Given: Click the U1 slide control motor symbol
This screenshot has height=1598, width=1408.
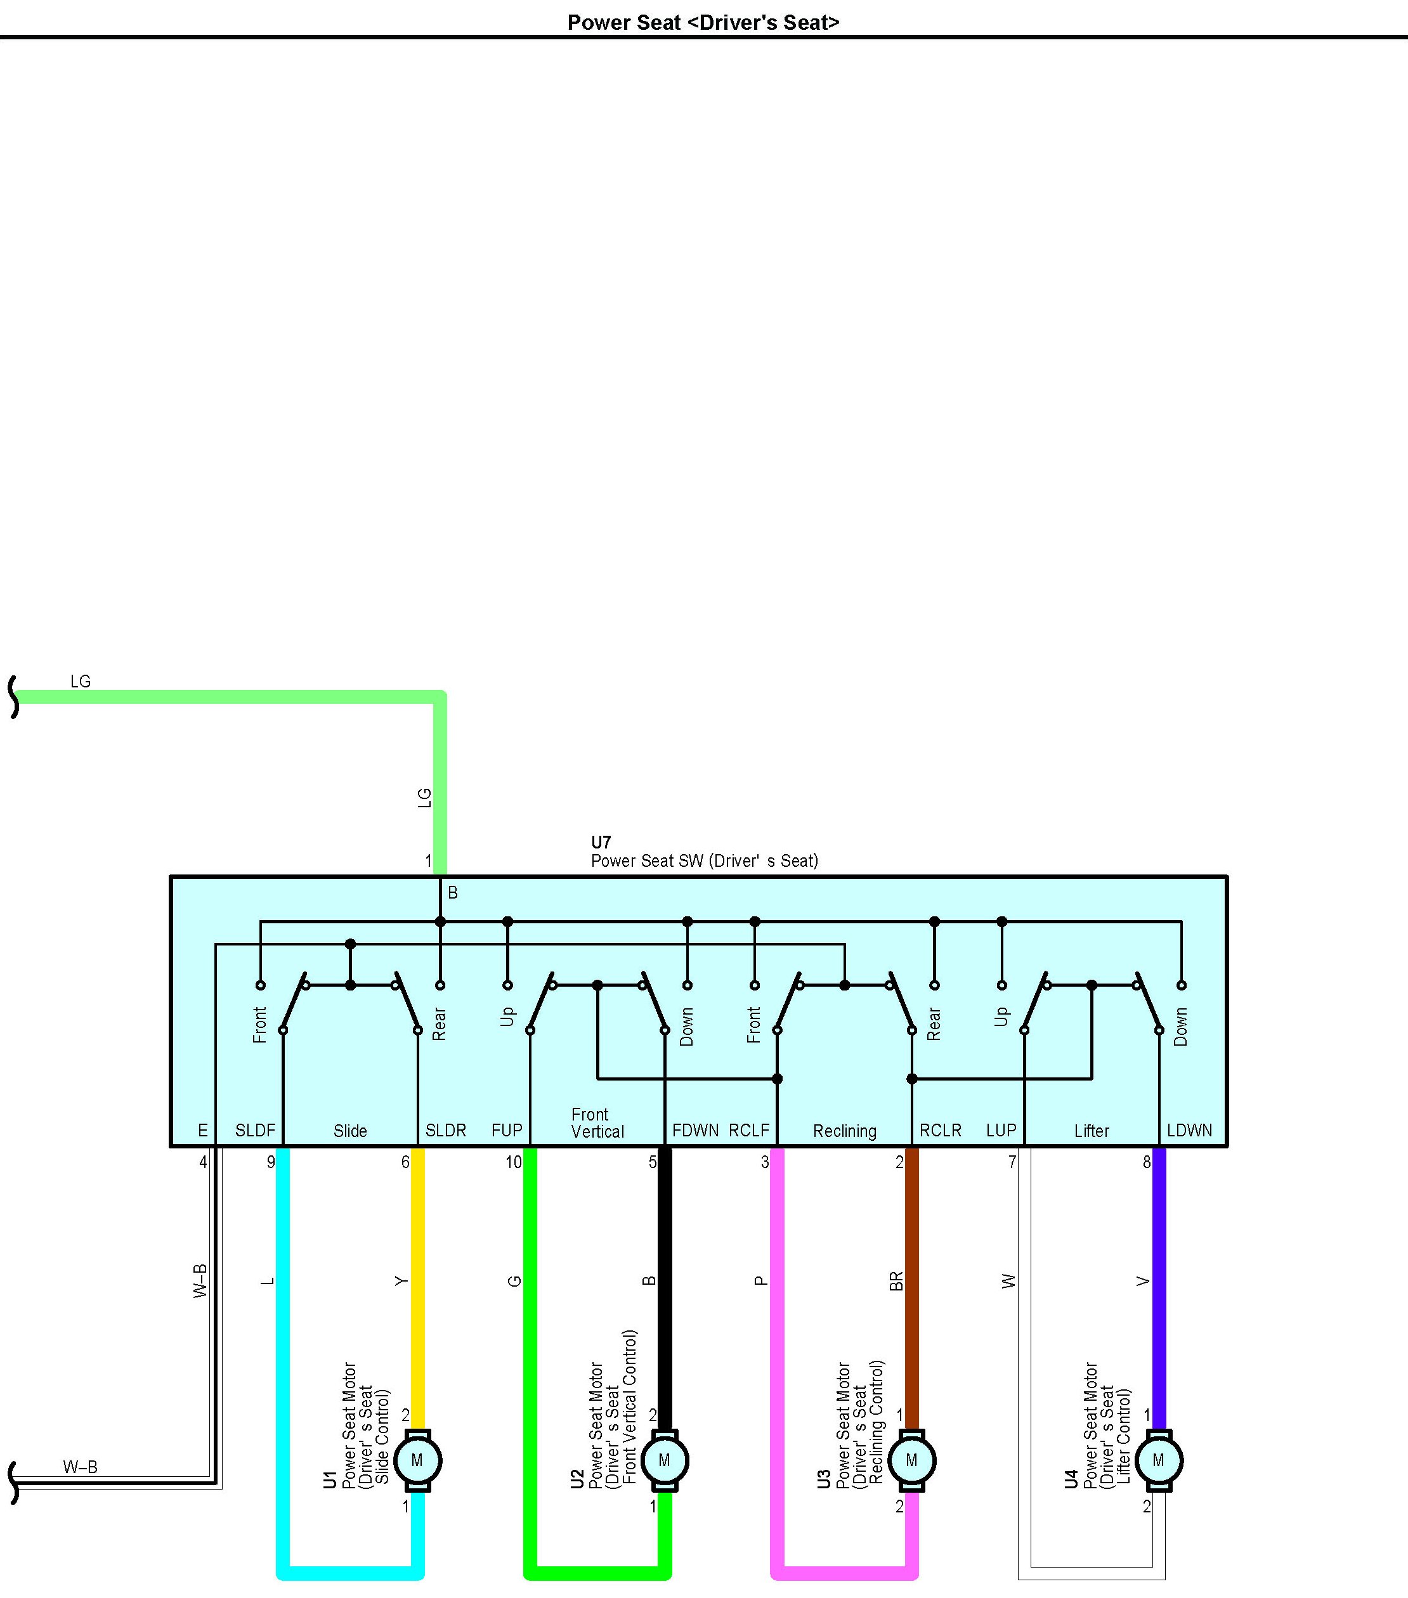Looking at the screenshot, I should [417, 1460].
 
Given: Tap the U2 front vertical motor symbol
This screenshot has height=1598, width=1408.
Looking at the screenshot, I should [665, 1460].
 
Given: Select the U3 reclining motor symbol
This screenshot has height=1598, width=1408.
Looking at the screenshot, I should [911, 1460].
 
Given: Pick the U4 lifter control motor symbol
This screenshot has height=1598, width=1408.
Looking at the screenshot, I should [1159, 1460].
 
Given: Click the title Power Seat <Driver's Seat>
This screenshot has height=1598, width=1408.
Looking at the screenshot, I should [703, 23].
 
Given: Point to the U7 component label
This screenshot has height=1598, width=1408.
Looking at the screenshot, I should [601, 843].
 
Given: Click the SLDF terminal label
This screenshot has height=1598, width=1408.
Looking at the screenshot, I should [255, 1131].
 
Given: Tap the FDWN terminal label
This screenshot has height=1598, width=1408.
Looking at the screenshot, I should [695, 1131].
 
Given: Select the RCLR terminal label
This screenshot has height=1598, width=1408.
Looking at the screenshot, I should [940, 1131].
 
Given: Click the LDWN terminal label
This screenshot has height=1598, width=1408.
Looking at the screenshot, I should [1189, 1131].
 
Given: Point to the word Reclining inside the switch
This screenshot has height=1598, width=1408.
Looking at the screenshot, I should [844, 1131].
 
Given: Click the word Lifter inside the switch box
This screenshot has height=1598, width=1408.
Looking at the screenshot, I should [1092, 1131].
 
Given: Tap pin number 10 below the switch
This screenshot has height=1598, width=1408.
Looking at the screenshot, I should [513, 1162].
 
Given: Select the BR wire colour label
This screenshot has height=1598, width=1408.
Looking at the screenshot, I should [896, 1282].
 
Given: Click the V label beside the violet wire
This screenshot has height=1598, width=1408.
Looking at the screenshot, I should [1143, 1282].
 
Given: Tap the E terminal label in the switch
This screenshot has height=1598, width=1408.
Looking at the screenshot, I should [202, 1131].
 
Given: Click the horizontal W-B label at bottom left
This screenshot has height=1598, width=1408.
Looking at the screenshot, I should [81, 1467].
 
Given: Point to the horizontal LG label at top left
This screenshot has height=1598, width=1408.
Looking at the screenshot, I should [81, 682].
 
